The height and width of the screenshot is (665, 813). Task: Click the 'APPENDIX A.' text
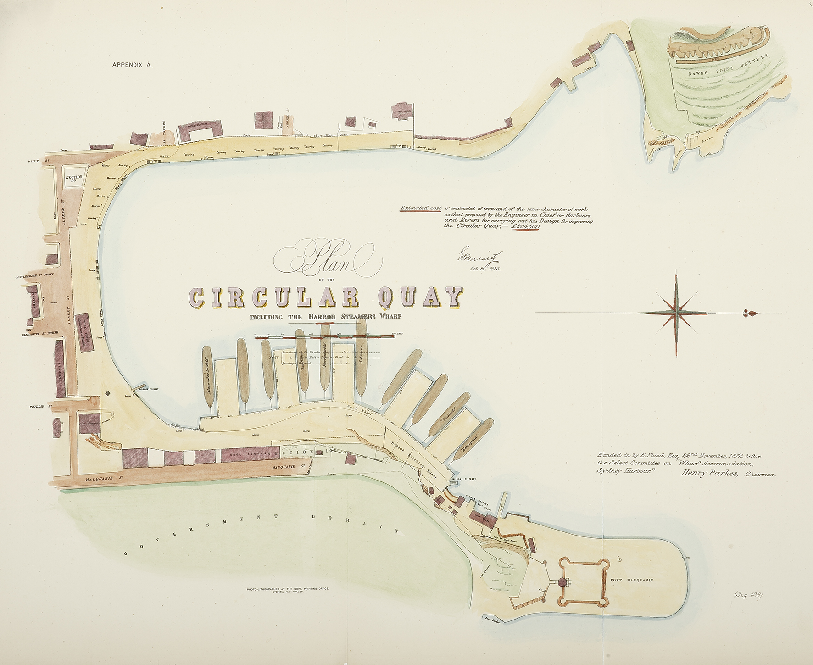[x=132, y=65]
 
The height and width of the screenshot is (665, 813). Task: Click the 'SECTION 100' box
[x=74, y=179]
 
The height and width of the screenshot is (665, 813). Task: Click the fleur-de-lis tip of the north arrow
[x=749, y=313]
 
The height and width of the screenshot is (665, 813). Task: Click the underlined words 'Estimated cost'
[x=421, y=208]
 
